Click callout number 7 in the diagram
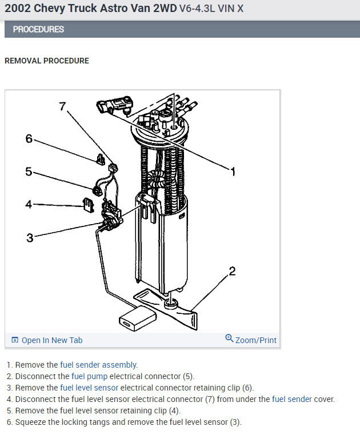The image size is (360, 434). [63, 106]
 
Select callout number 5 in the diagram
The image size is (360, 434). [28, 171]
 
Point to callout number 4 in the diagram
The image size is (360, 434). [28, 204]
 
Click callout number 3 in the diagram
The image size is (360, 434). [30, 237]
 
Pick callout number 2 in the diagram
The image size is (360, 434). [232, 271]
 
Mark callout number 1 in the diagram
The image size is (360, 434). [233, 172]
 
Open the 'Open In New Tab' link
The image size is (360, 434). [51, 340]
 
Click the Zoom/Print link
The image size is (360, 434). [255, 340]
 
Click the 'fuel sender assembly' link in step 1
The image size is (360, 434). [98, 365]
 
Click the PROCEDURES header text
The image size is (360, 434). [38, 29]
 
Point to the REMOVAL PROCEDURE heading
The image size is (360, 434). [47, 61]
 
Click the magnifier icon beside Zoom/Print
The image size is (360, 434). [229, 339]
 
